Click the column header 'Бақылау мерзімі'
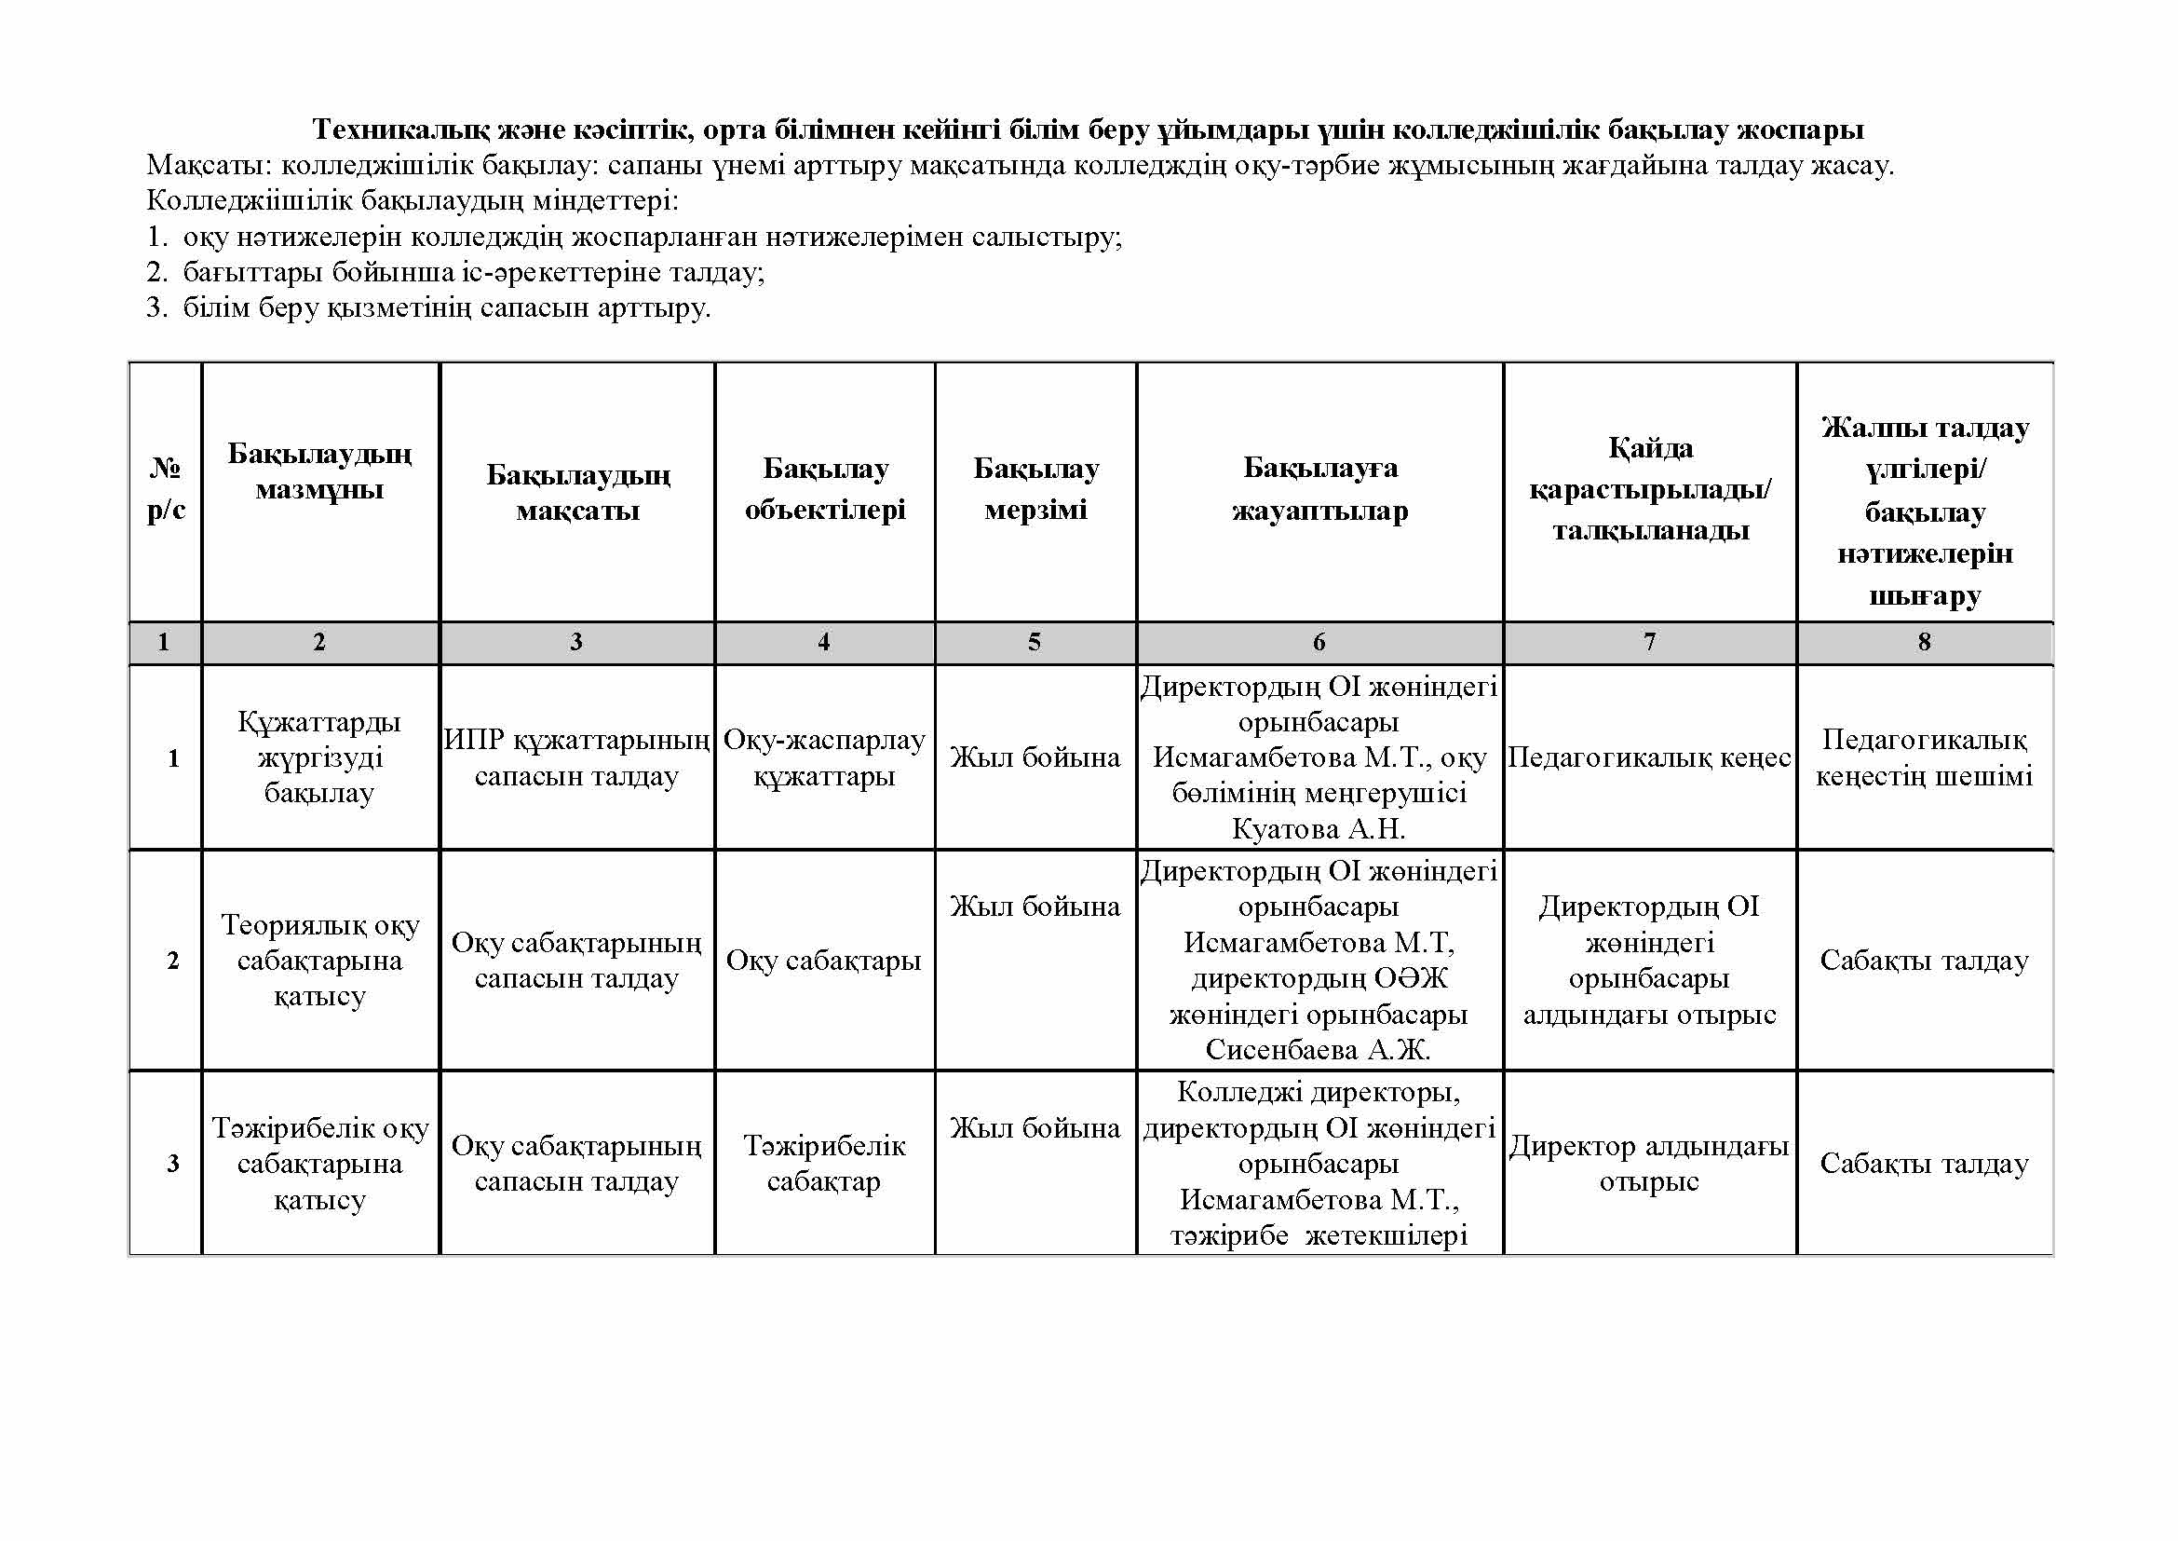(x=1035, y=490)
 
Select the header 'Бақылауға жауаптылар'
(x=1319, y=490)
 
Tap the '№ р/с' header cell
(x=166, y=490)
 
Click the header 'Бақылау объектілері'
(x=824, y=490)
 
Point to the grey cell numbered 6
(x=1319, y=643)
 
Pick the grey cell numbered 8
(x=1924, y=643)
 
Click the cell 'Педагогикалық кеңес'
(x=1649, y=757)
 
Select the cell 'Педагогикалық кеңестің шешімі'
(x=1924, y=757)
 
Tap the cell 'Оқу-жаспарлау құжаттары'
(x=824, y=757)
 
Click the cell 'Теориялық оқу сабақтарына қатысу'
(x=319, y=961)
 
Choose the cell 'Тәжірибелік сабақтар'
(x=824, y=1164)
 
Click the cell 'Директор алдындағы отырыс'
(x=1649, y=1164)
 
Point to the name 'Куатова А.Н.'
(x=1319, y=829)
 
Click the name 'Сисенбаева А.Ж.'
(x=1319, y=1050)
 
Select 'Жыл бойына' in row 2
(x=1035, y=907)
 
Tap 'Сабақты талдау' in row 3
(x=1924, y=1164)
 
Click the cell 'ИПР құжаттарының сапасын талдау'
(x=576, y=757)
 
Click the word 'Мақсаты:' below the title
(x=210, y=166)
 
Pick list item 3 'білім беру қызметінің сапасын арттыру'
(x=446, y=308)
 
